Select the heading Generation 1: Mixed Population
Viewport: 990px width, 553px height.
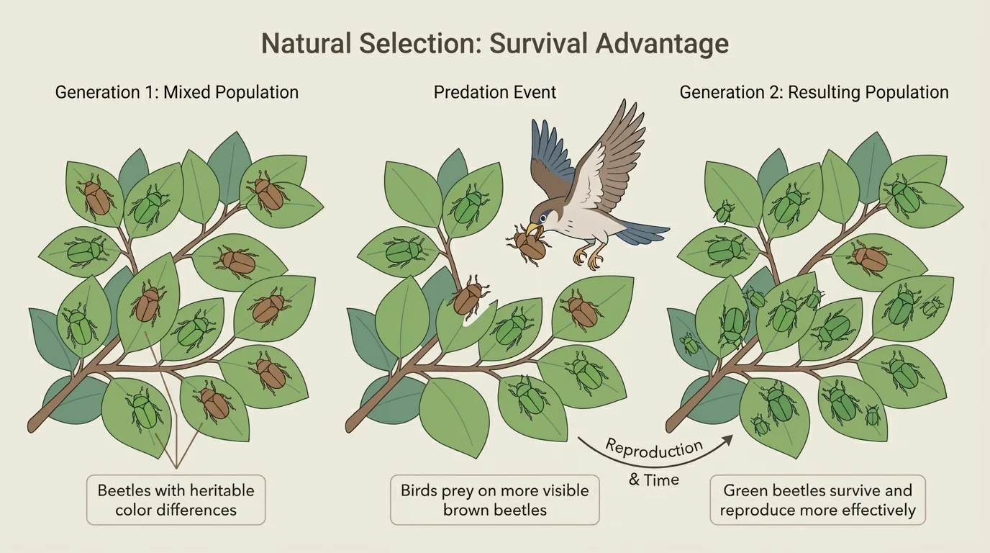coord(176,92)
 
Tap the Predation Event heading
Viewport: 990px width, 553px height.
coord(494,92)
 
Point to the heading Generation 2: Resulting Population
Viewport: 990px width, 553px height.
coord(814,92)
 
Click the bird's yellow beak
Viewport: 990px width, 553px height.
coord(533,230)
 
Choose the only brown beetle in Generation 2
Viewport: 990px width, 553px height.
coord(868,258)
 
